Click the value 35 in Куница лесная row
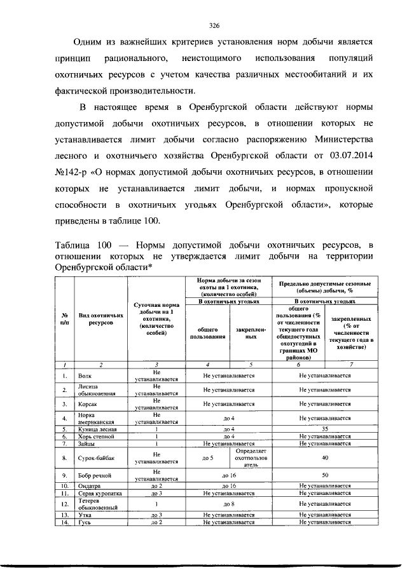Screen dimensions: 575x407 (325, 430)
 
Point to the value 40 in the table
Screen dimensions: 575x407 (325, 457)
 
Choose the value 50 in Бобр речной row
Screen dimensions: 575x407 (325, 475)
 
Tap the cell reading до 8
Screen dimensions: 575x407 (229, 503)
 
